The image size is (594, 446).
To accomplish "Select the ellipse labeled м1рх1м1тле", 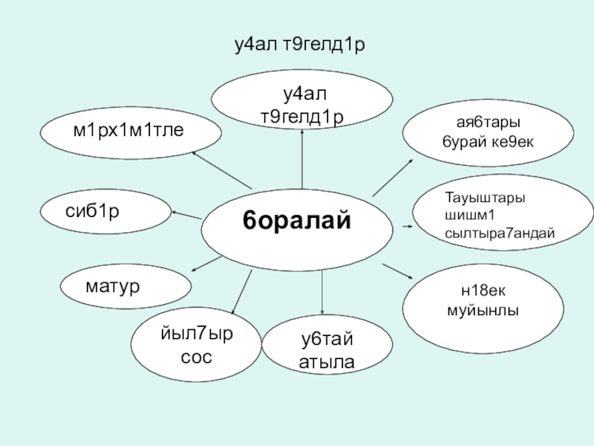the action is [130, 132].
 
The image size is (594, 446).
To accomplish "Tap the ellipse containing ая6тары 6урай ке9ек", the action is [488, 131].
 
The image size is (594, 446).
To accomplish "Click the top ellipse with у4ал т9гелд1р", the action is [302, 104].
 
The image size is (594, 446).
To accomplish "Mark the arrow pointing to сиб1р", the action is [186, 214].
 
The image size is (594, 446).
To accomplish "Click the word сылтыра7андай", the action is [499, 233].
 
